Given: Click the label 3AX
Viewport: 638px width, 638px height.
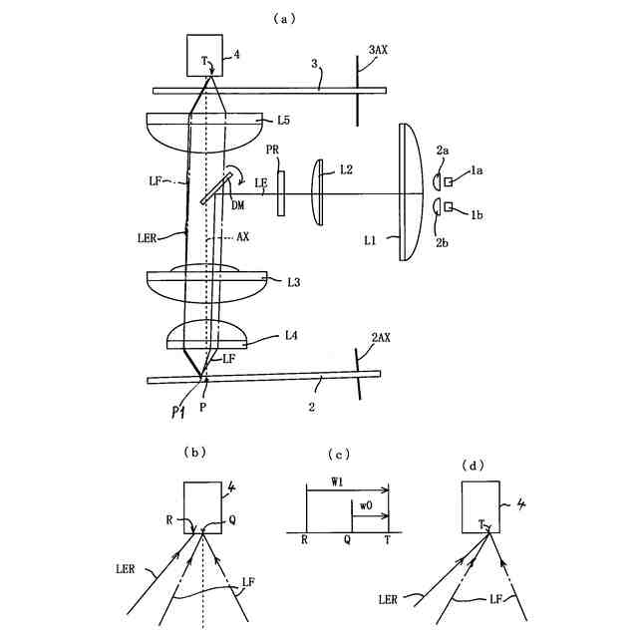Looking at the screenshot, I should click(381, 49).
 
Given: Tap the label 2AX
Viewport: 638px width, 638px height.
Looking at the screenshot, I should click(380, 338).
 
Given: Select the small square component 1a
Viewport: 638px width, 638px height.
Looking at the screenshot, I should click(449, 182).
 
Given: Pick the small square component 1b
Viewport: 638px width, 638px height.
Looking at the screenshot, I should click(449, 206).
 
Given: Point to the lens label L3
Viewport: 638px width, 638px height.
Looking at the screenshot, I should click(294, 283).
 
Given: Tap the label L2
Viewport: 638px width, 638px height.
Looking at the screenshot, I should click(345, 169).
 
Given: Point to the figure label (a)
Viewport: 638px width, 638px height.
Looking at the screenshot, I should click(318, 18).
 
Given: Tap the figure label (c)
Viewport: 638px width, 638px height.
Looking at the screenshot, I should click(341, 455).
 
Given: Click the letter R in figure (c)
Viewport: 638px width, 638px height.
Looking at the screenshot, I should click(303, 539).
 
